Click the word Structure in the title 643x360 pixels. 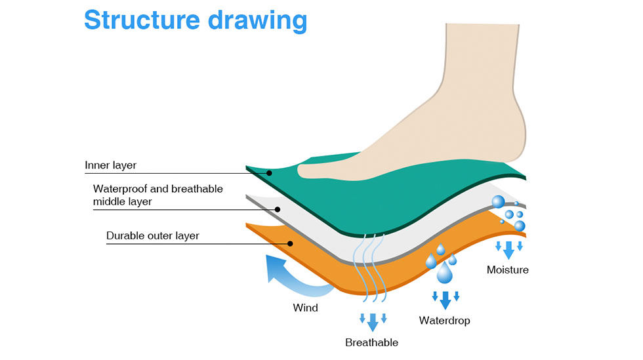tap(142, 19)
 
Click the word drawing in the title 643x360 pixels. tap(257, 21)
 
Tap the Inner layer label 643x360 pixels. tap(110, 165)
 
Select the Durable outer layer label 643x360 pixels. tap(152, 236)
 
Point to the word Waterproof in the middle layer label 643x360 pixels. tap(119, 189)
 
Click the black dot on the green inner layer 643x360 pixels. tap(269, 173)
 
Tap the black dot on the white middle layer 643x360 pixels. tap(278, 210)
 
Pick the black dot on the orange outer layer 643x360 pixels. tap(290, 243)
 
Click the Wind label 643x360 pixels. tap(305, 308)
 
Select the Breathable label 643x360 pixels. tap(371, 342)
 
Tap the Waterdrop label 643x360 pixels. tap(445, 320)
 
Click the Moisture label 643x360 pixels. tap(508, 270)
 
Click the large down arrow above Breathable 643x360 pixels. tap(373, 322)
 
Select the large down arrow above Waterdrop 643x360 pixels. tap(446, 300)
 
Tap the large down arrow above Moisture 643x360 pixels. tap(509, 250)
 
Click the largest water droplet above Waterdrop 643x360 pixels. tap(445, 273)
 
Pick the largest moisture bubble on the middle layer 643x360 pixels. tap(498, 202)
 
